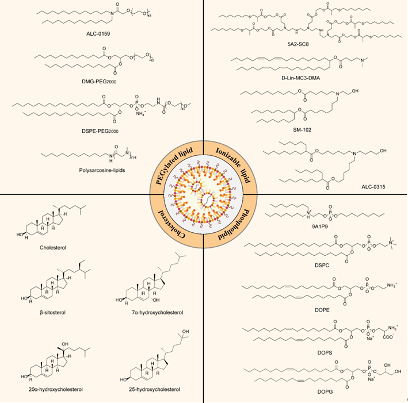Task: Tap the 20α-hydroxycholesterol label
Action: [52, 389]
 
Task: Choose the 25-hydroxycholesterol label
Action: [154, 389]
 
